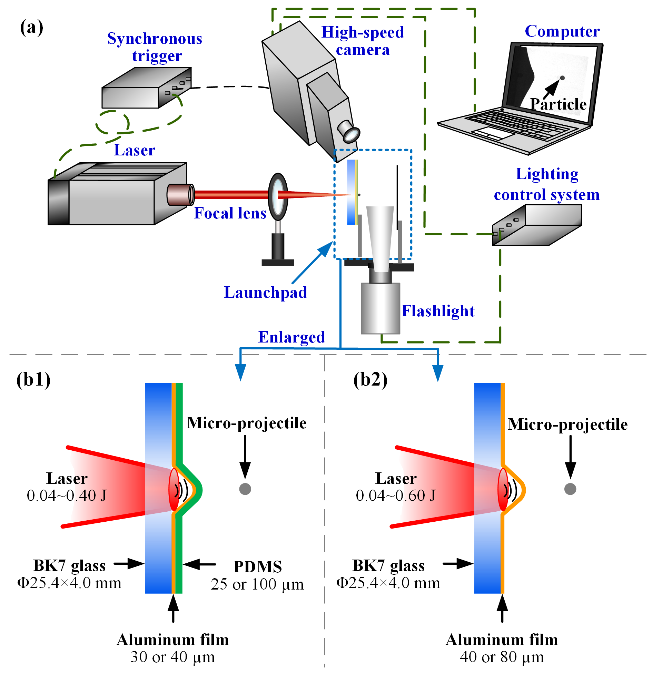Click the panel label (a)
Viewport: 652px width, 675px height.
pyautogui.click(x=32, y=28)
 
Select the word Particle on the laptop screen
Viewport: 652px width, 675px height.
pyautogui.click(x=558, y=104)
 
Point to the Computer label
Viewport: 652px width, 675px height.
pyautogui.click(x=562, y=31)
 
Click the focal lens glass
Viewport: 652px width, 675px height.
pyautogui.click(x=278, y=196)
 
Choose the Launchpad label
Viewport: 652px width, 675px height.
pyautogui.click(x=265, y=293)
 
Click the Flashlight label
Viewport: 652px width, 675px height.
pyautogui.click(x=438, y=311)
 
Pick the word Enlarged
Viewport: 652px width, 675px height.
pyautogui.click(x=292, y=337)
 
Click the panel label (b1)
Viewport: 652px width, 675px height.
pyautogui.click(x=33, y=380)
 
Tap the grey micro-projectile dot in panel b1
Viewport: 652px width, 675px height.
pyautogui.click(x=245, y=489)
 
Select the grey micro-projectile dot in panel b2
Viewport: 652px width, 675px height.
pyautogui.click(x=570, y=489)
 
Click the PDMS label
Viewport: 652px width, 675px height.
pyautogui.click(x=257, y=566)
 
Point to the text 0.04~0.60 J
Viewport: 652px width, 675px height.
pyautogui.click(x=396, y=496)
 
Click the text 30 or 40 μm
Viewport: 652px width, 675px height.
pyautogui.click(x=172, y=657)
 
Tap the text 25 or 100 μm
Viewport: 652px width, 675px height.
pyautogui.click(x=257, y=584)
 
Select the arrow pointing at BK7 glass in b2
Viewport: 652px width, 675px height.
pyautogui.click(x=458, y=564)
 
